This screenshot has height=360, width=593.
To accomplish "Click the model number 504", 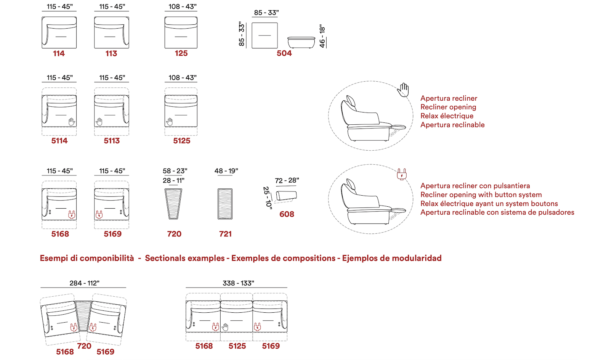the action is (x=284, y=53).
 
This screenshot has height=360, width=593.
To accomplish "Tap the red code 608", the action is (x=287, y=214).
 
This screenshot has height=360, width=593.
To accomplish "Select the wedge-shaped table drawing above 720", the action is (x=173, y=204).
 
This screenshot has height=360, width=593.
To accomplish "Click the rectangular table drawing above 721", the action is (x=225, y=204).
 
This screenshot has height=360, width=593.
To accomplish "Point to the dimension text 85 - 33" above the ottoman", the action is (x=266, y=13).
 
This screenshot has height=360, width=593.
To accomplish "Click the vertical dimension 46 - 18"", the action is (x=322, y=36).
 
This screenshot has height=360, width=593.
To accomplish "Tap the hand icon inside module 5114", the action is (x=72, y=122).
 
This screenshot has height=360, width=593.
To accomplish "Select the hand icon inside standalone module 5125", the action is (x=170, y=122).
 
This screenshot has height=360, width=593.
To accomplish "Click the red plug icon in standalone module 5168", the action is (x=72, y=215).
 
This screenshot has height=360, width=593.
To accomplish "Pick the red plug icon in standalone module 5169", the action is (x=99, y=215).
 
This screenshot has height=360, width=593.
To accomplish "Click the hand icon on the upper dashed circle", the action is (x=403, y=90).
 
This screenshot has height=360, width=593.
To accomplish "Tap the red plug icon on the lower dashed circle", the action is (x=402, y=174).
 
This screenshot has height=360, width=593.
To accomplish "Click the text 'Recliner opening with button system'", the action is (x=481, y=195).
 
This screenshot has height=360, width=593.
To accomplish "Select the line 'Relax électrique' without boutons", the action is (x=447, y=116).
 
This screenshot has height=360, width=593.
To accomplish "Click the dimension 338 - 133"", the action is (x=238, y=283).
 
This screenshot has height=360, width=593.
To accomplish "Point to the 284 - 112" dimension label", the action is (x=85, y=283).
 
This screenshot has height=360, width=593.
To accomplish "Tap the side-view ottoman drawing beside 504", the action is (x=301, y=42).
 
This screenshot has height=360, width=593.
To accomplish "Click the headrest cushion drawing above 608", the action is (x=286, y=196).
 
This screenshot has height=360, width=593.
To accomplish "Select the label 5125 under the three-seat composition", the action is (x=237, y=346).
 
